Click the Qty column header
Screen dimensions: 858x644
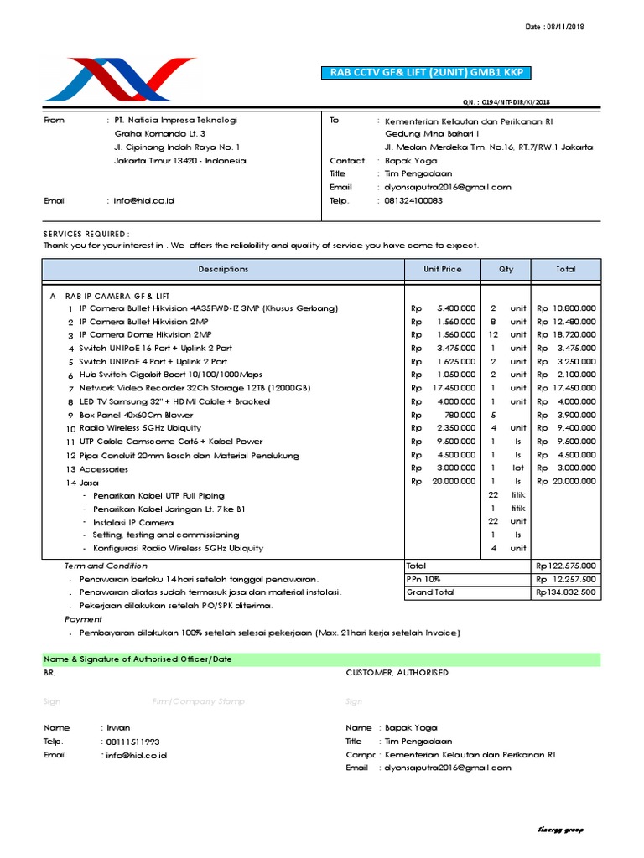tap(506, 269)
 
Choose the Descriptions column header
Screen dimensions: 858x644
tap(223, 269)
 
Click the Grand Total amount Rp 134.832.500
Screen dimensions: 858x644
tap(566, 592)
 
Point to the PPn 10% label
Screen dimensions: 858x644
tap(423, 579)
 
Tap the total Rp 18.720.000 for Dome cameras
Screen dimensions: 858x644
tap(566, 334)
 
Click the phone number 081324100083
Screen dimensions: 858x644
tap(413, 201)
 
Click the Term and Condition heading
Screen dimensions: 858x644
tap(106, 566)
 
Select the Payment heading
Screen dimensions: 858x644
tap(83, 619)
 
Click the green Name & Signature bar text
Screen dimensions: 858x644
tap(138, 659)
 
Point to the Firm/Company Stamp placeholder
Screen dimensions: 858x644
tap(195, 700)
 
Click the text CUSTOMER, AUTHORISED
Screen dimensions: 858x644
tap(392, 672)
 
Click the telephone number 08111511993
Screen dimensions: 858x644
tap(132, 742)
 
